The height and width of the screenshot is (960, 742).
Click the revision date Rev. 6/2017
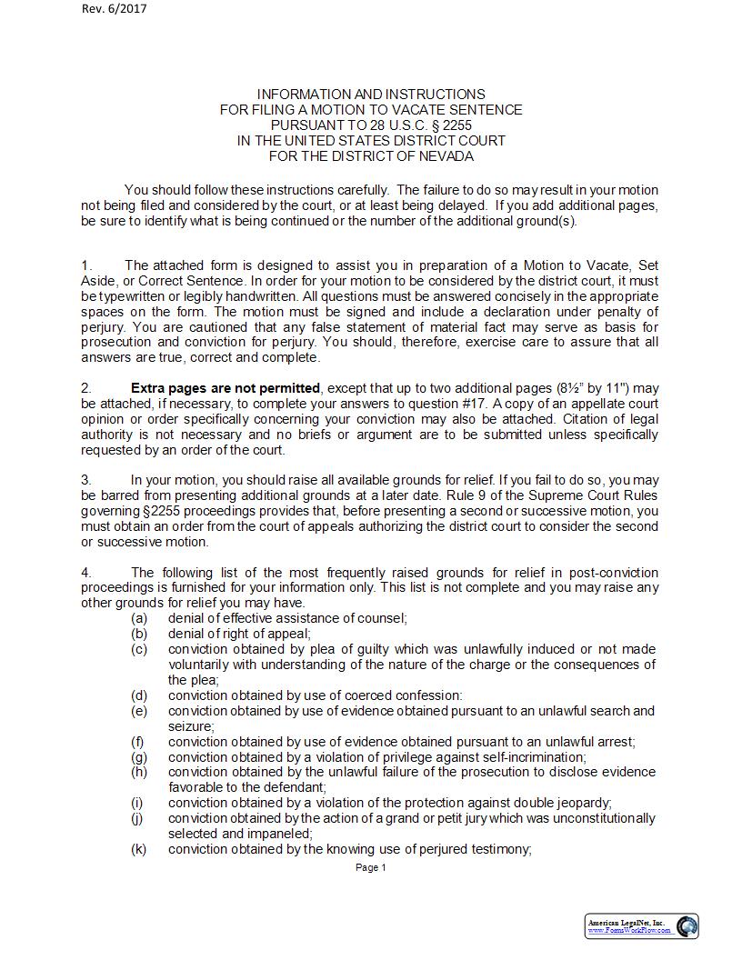[x=114, y=9]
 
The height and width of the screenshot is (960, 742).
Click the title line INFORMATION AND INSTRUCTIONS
[x=371, y=94]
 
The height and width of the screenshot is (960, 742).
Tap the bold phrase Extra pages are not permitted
[x=226, y=388]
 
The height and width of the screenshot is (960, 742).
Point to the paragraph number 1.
[x=86, y=265]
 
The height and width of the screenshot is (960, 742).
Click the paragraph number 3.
[x=86, y=480]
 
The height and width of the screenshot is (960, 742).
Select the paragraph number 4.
[x=86, y=573]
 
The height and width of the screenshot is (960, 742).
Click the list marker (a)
[x=139, y=618]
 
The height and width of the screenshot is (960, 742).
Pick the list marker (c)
[x=139, y=649]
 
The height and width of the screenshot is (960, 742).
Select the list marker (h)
[x=139, y=772]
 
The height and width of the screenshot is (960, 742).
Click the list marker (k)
[x=139, y=849]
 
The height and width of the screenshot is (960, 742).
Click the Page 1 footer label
[x=371, y=867]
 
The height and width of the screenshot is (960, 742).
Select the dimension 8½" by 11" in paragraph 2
[x=590, y=388]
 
